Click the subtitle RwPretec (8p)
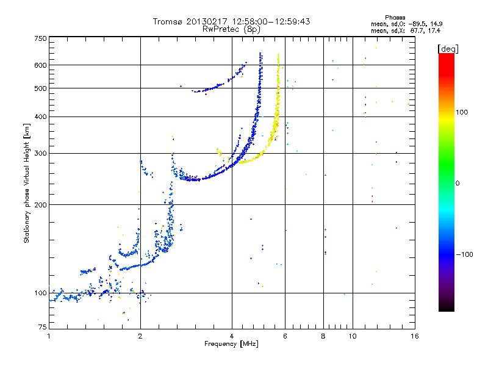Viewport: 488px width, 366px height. point(232,29)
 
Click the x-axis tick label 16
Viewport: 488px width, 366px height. point(414,336)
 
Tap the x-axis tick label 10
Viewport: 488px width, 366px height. point(352,336)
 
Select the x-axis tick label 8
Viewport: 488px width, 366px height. point(325,336)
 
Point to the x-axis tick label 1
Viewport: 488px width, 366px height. point(49,336)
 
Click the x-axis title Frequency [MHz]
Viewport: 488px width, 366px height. point(232,344)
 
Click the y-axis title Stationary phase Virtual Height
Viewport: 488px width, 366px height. point(27,183)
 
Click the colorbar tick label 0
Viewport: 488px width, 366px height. point(458,183)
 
